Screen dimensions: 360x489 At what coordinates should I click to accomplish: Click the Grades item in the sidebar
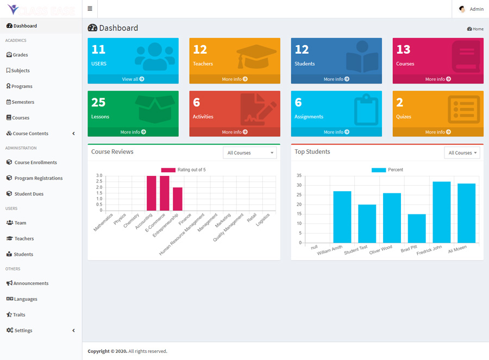pyautogui.click(x=20, y=55)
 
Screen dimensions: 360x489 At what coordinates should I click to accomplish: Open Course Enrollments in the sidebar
pyautogui.click(x=35, y=162)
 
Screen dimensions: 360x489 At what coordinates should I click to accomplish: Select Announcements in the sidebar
pyautogui.click(x=31, y=283)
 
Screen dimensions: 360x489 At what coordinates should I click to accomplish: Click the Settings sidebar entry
pyautogui.click(x=23, y=331)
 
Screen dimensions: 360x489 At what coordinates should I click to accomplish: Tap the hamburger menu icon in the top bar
pyautogui.click(x=90, y=9)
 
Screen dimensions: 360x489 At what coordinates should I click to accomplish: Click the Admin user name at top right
pyautogui.click(x=477, y=9)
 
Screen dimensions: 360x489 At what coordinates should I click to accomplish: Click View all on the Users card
pyautogui.click(x=133, y=79)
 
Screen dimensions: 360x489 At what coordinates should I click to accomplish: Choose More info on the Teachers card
pyautogui.click(x=234, y=79)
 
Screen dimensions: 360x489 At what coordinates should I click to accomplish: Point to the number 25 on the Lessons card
pyautogui.click(x=98, y=103)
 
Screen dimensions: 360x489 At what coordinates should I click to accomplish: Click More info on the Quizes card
pyautogui.click(x=437, y=132)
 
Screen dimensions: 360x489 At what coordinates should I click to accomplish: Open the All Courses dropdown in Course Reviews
pyautogui.click(x=249, y=153)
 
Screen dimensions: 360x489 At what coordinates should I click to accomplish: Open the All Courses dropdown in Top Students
pyautogui.click(x=462, y=153)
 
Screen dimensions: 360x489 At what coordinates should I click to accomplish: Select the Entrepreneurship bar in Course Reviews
pyautogui.click(x=178, y=199)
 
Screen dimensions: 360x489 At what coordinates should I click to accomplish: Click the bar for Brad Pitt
pyautogui.click(x=417, y=228)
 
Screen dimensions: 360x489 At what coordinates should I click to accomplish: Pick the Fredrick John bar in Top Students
pyautogui.click(x=442, y=212)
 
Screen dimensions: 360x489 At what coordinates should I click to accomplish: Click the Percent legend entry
pyautogui.click(x=387, y=170)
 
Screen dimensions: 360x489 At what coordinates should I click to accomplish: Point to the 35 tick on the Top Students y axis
pyautogui.click(x=299, y=176)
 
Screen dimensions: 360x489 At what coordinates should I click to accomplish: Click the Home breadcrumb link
pyautogui.click(x=475, y=29)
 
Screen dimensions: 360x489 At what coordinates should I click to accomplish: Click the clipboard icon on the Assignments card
pyautogui.click(x=365, y=110)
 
